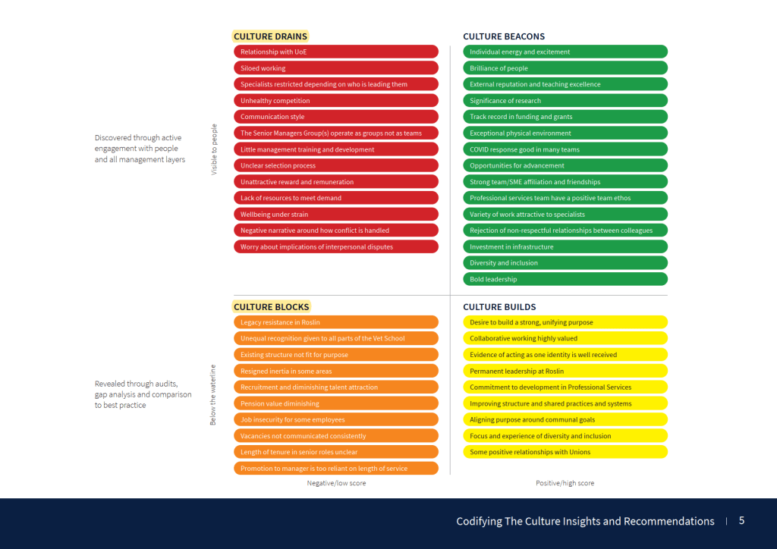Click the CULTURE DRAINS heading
(x=270, y=36)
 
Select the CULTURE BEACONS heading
(x=504, y=36)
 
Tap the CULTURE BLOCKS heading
(x=271, y=307)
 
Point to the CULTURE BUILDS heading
(x=499, y=307)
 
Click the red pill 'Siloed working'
(x=336, y=68)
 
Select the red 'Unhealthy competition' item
(x=336, y=101)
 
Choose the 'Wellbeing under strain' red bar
(x=336, y=215)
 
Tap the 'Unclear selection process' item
(x=336, y=165)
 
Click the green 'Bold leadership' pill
(x=565, y=279)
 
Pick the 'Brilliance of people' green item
(x=565, y=68)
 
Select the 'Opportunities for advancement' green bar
(x=565, y=165)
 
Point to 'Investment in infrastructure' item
(x=565, y=247)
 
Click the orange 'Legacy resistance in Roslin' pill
(x=336, y=322)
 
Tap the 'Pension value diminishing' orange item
(x=336, y=403)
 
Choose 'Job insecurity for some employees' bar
(x=336, y=420)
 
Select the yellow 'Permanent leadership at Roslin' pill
(x=565, y=371)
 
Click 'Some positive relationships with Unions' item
(x=565, y=452)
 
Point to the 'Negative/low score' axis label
(x=336, y=483)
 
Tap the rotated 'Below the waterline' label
(x=213, y=394)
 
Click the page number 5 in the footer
(x=741, y=521)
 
